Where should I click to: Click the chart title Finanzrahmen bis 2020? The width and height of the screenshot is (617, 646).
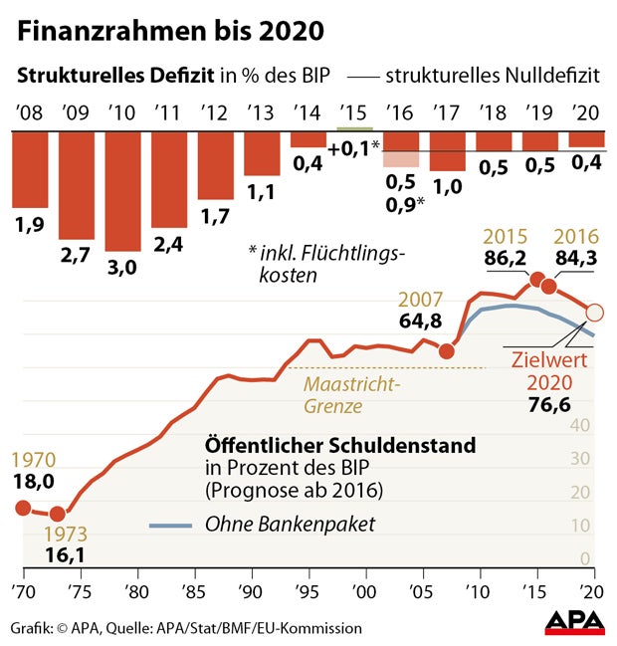point(169,31)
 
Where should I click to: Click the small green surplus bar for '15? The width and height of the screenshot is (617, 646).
point(355,128)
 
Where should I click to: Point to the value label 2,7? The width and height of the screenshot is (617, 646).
point(77,257)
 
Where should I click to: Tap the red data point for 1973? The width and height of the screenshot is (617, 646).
point(57,514)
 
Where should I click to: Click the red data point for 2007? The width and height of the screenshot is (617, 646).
point(447,350)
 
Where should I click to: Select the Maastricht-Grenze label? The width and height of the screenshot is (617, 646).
point(351,394)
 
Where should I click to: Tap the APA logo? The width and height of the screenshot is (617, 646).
point(574,623)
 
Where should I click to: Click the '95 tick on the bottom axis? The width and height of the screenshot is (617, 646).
point(309,588)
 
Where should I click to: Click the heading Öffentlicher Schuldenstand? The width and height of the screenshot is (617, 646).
point(339,444)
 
